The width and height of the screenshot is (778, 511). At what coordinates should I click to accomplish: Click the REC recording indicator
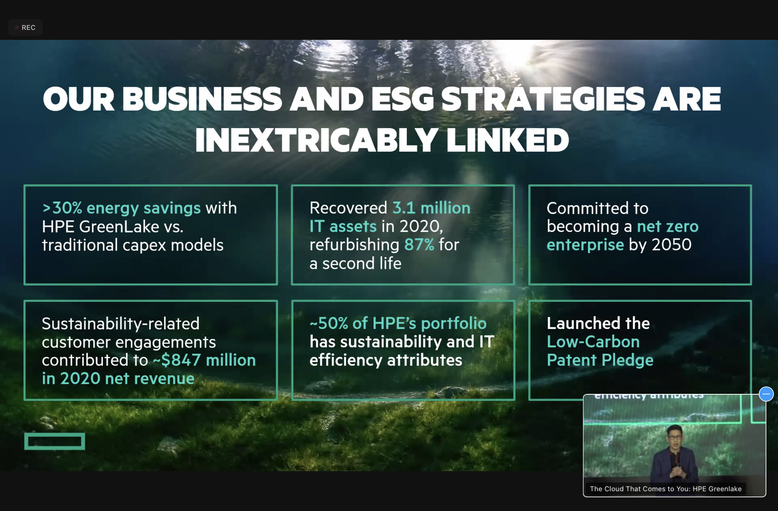pos(25,27)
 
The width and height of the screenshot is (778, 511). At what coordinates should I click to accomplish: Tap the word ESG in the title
pos(402,99)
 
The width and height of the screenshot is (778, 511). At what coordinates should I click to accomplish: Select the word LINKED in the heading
pos(507,140)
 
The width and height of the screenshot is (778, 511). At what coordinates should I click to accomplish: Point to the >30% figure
pos(62,208)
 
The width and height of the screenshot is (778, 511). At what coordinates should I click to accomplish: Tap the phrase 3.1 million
pos(431,208)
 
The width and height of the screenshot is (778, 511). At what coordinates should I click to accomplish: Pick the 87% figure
pos(419,245)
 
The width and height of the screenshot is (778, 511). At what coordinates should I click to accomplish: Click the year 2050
pos(672,245)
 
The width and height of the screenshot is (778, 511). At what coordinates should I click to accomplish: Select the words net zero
pos(668,227)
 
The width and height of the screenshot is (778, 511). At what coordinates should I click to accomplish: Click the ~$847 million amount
pos(204,360)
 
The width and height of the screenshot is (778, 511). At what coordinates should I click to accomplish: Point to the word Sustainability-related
pos(121,324)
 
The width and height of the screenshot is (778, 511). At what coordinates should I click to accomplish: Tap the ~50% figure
pos(329,323)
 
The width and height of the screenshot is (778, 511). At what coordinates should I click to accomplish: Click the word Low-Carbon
pos(593,342)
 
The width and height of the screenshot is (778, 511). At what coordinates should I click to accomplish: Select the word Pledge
pos(627,361)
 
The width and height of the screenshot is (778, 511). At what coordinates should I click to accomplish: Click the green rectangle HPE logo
pos(55,441)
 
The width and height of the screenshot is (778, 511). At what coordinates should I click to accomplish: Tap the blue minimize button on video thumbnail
pos(766,394)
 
